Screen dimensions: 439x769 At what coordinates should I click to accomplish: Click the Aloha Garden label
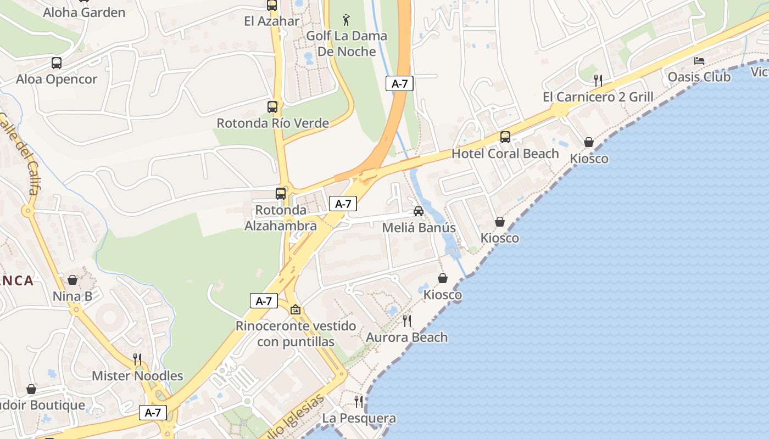click(84, 12)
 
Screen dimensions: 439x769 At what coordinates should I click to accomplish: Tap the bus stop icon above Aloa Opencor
click(57, 63)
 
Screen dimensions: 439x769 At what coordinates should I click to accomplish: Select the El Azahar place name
click(272, 21)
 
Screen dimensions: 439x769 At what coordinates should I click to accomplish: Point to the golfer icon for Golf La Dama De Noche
click(346, 20)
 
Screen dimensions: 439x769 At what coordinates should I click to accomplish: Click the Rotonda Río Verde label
click(273, 123)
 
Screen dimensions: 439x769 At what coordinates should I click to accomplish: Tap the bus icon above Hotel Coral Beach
click(505, 137)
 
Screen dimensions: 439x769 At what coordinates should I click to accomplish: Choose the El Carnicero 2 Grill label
click(598, 97)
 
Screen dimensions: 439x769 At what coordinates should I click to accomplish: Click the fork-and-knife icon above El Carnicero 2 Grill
click(598, 80)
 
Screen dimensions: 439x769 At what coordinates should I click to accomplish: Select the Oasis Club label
click(699, 77)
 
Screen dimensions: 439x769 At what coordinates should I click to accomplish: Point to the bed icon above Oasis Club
click(699, 60)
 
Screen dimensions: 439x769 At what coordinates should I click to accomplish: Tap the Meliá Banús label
click(419, 228)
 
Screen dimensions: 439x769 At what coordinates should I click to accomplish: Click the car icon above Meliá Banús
click(419, 211)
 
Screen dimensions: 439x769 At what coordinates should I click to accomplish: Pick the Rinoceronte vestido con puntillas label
click(296, 334)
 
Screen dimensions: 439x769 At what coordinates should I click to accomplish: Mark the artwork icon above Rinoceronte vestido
click(296, 310)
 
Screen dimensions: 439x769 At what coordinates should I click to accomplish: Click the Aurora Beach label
click(407, 337)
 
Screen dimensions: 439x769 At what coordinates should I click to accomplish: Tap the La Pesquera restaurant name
click(359, 418)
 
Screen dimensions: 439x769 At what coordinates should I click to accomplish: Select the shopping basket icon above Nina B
click(73, 280)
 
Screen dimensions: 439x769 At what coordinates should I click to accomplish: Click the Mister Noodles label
click(137, 376)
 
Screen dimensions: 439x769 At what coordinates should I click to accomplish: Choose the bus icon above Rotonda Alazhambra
click(281, 193)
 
